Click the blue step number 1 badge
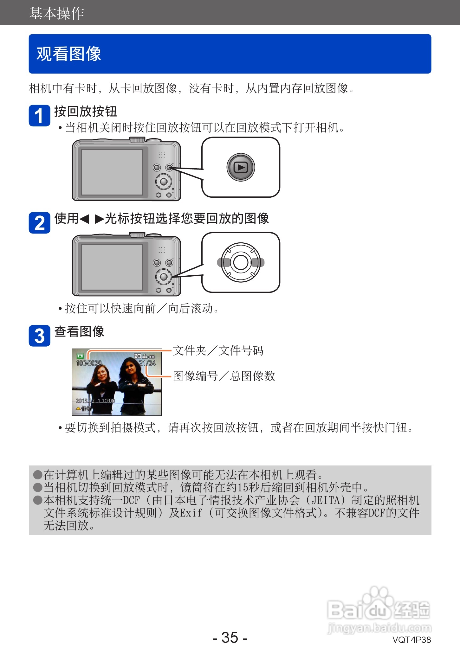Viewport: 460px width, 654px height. (39, 116)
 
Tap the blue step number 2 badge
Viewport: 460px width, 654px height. (39, 223)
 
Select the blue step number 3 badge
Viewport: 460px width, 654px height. (39, 336)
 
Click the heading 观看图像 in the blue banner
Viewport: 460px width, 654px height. (69, 54)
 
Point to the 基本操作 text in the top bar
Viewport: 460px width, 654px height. (56, 13)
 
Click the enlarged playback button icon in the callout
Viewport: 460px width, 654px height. (241, 167)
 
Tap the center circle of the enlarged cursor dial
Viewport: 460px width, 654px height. (241, 262)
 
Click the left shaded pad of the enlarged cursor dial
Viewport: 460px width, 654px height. (224, 262)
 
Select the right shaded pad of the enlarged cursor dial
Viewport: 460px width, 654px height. (257, 262)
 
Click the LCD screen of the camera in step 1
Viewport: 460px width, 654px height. (112, 172)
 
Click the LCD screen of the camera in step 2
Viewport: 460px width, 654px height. (112, 267)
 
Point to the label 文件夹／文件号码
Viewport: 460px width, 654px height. (218, 351)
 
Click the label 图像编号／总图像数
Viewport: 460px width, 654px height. (224, 376)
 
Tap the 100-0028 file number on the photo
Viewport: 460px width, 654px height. (89, 363)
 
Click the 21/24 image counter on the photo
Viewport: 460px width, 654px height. (147, 363)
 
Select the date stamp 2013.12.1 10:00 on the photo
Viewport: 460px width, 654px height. (95, 401)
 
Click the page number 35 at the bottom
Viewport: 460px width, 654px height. (230, 638)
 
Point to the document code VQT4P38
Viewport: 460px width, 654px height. (411, 640)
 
